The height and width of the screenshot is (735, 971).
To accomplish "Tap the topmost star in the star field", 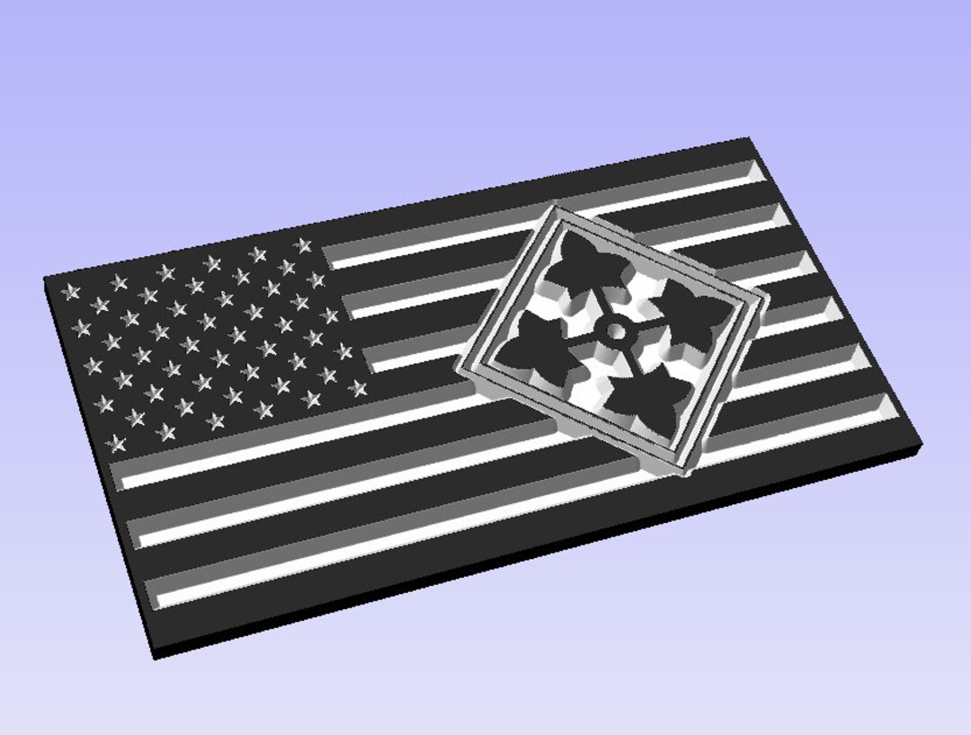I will pyautogui.click(x=302, y=244).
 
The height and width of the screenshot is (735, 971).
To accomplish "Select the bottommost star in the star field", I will pyautogui.click(x=116, y=442).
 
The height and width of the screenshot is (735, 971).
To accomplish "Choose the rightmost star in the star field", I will pyautogui.click(x=358, y=388).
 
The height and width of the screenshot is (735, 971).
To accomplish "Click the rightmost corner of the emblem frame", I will pyautogui.click(x=769, y=298).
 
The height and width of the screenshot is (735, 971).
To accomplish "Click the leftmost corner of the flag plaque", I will pyautogui.click(x=45, y=279).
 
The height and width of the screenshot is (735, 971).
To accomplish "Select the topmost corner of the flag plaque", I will pyautogui.click(x=748, y=138).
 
